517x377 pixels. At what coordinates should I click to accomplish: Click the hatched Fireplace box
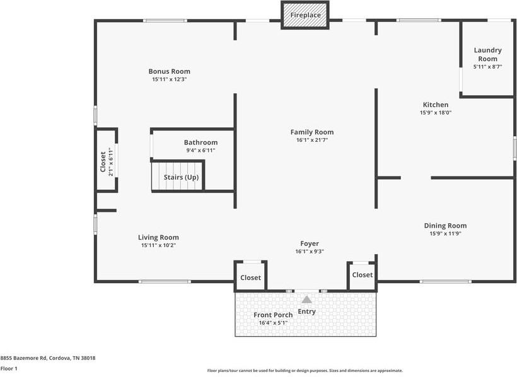pos(305,15)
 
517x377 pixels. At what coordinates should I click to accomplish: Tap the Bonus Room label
pos(169,71)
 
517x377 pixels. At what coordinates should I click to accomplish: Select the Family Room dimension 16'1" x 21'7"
pos(312,140)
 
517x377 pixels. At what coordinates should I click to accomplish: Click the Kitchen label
pos(436,105)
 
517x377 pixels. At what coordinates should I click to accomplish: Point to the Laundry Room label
pos(487,54)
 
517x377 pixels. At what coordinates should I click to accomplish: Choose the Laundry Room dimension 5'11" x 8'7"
pos(487,67)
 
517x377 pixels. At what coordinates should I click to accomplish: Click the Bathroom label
pos(200,142)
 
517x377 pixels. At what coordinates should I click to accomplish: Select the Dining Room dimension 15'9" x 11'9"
pos(445,233)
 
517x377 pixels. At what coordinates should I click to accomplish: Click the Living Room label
pos(158,238)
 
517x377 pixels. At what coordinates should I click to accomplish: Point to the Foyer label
pos(310,243)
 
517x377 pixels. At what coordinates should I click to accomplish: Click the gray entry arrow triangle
pos(306,299)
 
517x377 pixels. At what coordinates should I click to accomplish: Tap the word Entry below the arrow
pos(306,311)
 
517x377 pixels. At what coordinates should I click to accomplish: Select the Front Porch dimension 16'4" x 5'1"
pos(273,323)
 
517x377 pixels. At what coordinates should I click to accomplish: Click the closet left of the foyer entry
pos(250,277)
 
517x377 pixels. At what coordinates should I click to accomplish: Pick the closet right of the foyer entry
pos(362,275)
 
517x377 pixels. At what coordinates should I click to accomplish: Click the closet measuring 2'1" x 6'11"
pos(106,160)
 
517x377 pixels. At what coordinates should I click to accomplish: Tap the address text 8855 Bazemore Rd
pos(24,358)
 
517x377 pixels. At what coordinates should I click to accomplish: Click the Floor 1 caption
pos(9,368)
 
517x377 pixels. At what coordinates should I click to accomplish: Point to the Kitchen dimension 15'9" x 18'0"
pos(436,112)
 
